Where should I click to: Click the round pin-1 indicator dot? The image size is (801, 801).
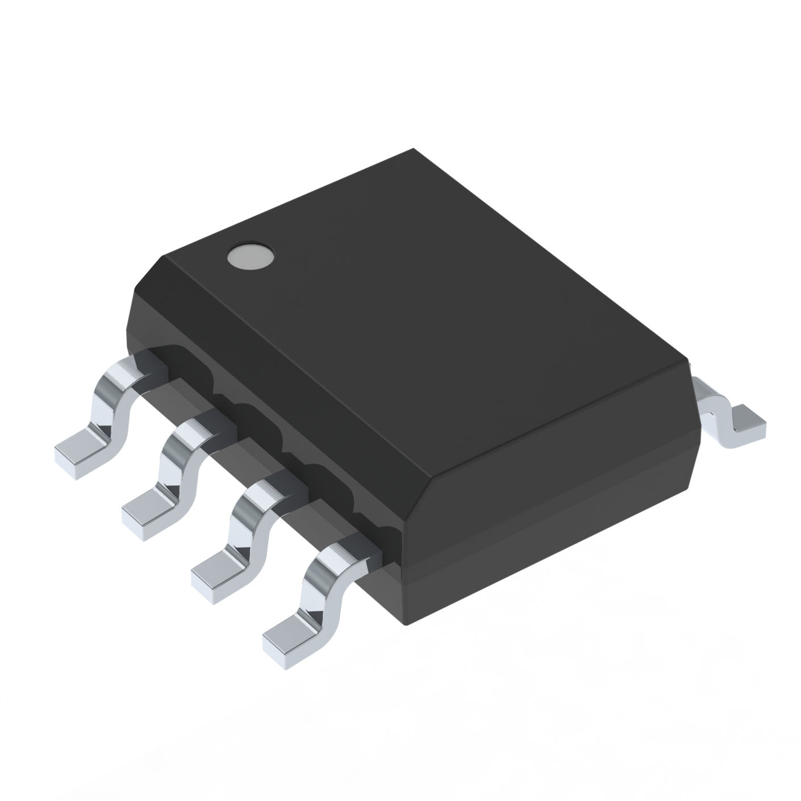[x=250, y=257]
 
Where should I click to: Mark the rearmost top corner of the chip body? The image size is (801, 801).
[x=414, y=151]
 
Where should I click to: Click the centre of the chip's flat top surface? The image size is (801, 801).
[x=426, y=312]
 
